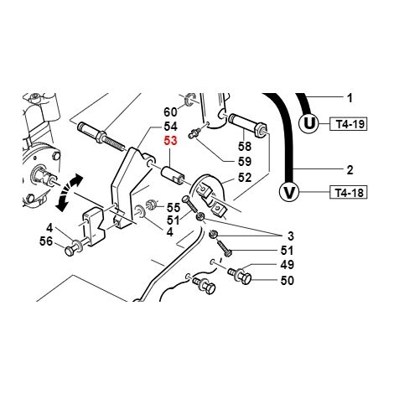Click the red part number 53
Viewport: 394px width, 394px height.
pos(171,141)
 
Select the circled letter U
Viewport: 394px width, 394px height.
pos(309,123)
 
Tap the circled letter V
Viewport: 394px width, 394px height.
pos(289,192)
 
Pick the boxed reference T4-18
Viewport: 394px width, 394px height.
pos(349,193)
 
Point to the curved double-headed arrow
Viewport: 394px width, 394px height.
pos(69,192)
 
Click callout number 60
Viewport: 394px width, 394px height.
pos(170,112)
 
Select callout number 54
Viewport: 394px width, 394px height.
pos(170,127)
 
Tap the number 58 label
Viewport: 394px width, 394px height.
pos(245,147)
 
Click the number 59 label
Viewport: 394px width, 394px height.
pos(245,162)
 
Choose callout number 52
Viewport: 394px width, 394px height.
pos(245,178)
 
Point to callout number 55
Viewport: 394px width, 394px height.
pos(174,208)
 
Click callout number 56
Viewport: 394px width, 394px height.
pos(46,241)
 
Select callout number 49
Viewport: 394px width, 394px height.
pos(288,265)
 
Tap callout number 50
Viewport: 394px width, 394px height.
pos(288,281)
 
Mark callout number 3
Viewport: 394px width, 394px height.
pos(291,236)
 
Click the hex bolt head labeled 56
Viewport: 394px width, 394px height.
pos(69,251)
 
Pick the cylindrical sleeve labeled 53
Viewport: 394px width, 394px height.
pos(172,175)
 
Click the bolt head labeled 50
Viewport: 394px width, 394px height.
pos(246,279)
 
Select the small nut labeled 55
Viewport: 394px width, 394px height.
pos(153,205)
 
